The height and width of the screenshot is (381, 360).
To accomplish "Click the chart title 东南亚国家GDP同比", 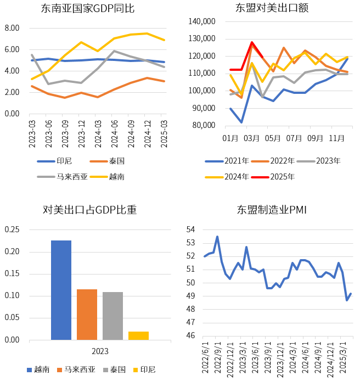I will [88, 9].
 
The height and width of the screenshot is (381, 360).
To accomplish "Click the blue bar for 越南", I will [61, 290].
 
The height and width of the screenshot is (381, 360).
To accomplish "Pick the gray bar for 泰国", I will [113, 316].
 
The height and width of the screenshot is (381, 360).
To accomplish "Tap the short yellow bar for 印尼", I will [138, 335].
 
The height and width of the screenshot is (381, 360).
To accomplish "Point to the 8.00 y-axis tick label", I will [12, 28].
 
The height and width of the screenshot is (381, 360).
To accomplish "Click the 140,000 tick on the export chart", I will [203, 21].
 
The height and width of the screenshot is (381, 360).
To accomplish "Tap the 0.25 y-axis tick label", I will [12, 229].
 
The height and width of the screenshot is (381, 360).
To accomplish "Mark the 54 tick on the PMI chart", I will [190, 229].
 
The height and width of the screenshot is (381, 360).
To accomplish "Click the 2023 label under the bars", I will [100, 351].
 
